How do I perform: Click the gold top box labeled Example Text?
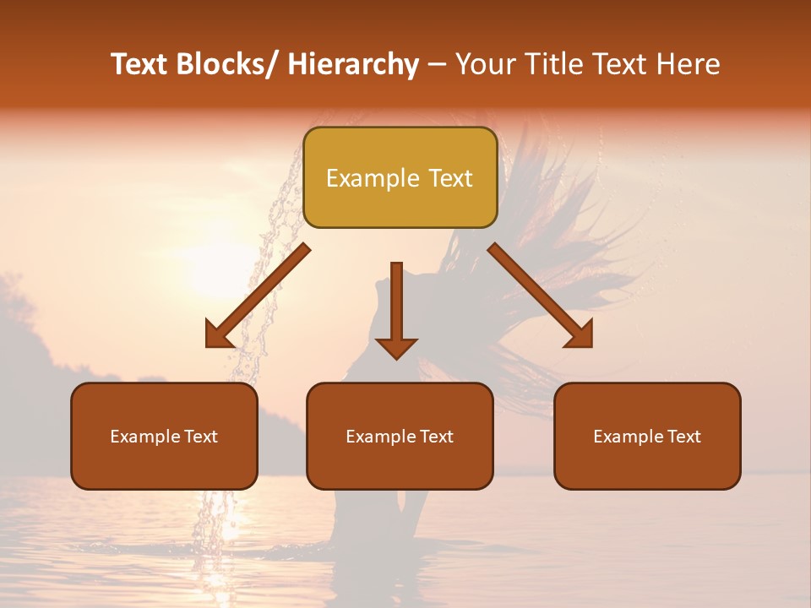point(400,177)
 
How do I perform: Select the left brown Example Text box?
point(164,436)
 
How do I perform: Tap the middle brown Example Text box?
point(400,436)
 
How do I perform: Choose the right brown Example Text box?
point(647,436)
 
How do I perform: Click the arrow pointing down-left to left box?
point(257,296)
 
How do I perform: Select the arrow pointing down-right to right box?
point(541,296)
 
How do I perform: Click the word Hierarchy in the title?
point(353,64)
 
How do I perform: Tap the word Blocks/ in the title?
point(227,64)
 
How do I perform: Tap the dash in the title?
point(437,64)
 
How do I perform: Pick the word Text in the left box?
point(199,437)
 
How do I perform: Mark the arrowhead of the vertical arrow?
point(396,349)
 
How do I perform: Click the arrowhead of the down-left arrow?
point(218,336)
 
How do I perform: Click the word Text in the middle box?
point(435,437)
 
